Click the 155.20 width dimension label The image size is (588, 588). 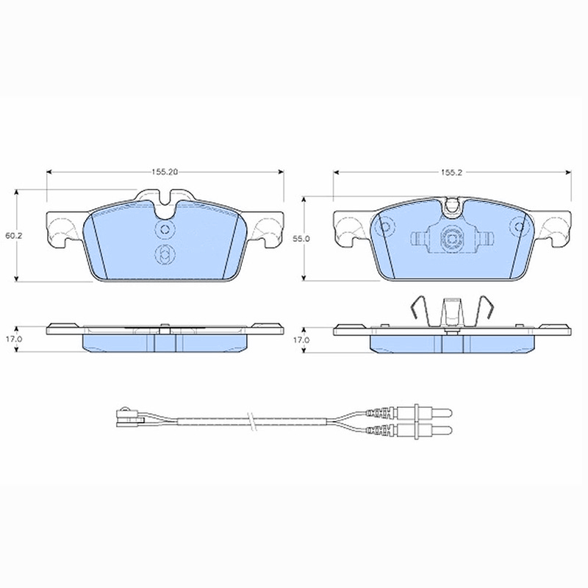tap(165, 172)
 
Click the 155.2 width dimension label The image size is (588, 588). tap(451, 173)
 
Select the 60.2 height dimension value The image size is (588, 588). tap(13, 236)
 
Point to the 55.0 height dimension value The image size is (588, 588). tap(301, 238)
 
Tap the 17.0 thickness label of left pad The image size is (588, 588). tap(13, 339)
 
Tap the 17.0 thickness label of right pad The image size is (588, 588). tap(301, 340)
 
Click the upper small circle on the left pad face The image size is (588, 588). tap(165, 229)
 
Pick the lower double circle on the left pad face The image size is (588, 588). tap(165, 254)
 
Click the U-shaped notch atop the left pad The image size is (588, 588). tap(165, 210)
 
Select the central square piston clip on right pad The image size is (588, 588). tap(452, 238)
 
